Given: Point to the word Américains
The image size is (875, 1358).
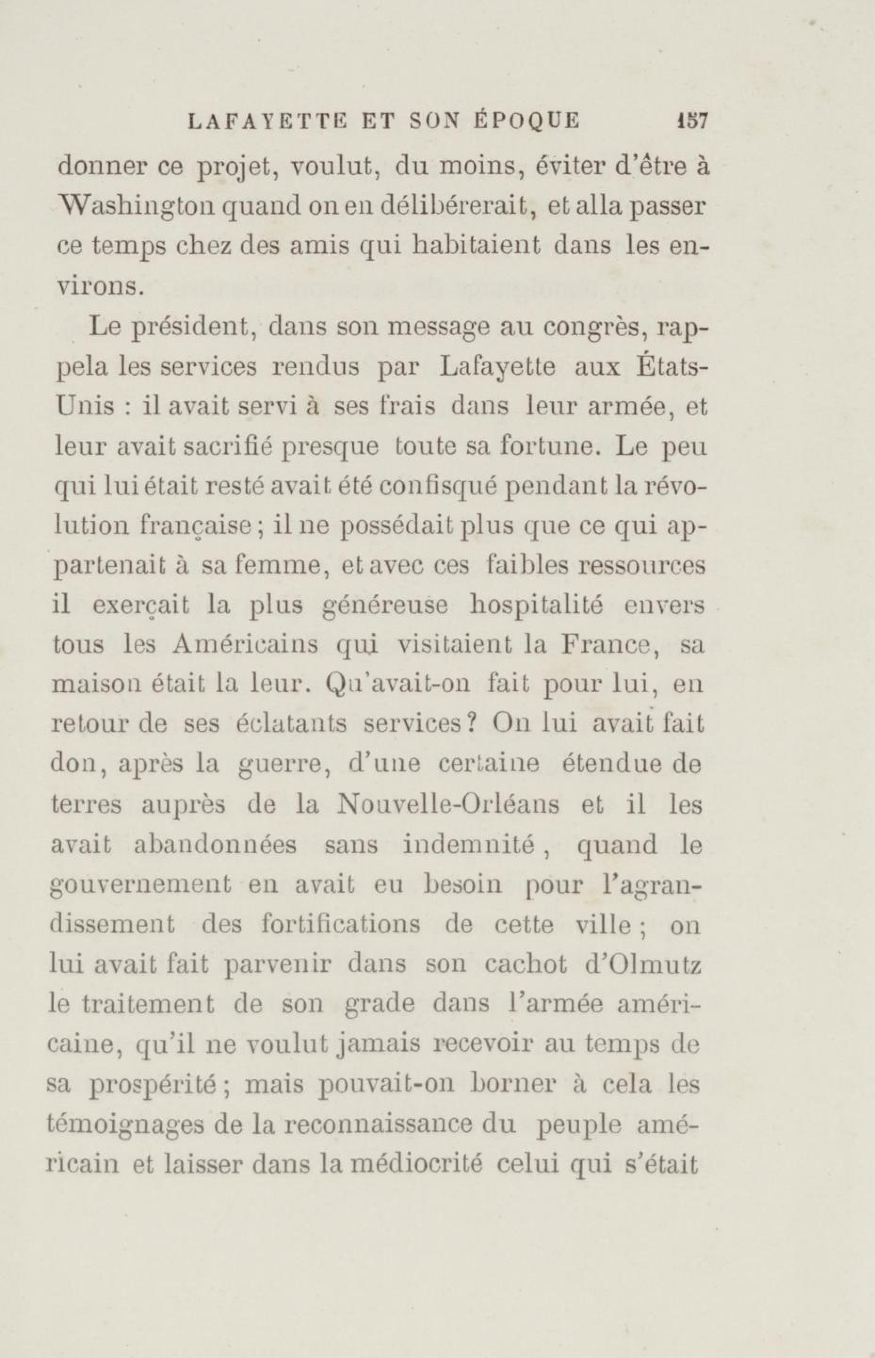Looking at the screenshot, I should coord(245,646).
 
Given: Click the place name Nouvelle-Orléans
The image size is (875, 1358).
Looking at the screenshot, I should coord(448,805).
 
